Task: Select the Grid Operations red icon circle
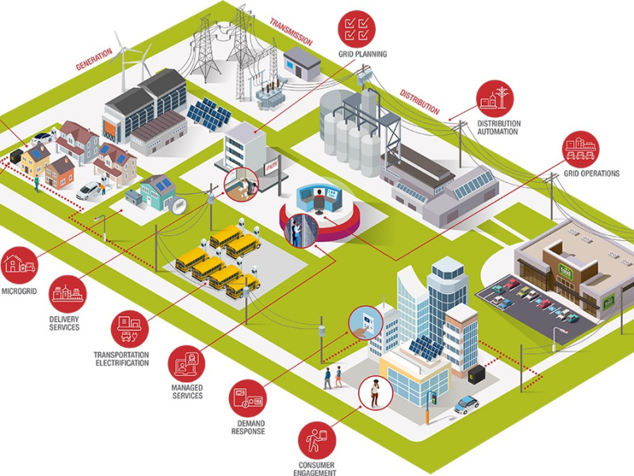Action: point(582,149)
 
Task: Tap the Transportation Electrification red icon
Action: point(128,325)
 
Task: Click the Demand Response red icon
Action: point(248,399)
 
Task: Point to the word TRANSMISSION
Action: point(291,29)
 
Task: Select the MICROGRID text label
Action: point(19,290)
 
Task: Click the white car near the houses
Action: point(90,189)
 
